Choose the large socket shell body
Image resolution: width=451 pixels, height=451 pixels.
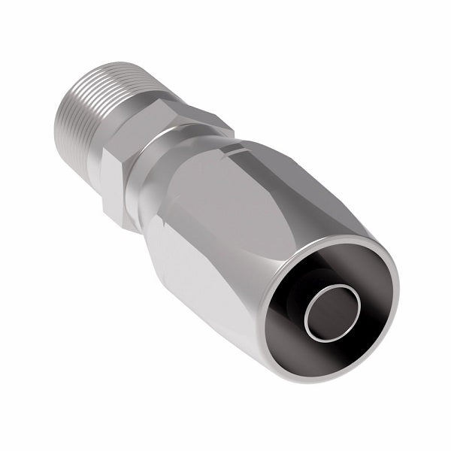coord(248,225)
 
